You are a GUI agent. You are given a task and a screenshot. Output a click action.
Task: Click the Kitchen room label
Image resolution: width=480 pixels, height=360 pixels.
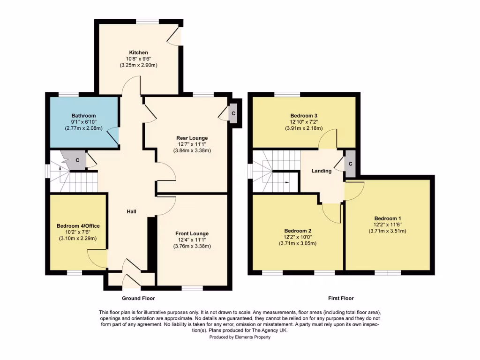click(x=138, y=52)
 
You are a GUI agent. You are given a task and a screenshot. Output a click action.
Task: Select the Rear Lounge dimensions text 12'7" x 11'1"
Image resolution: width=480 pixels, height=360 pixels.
click(x=192, y=144)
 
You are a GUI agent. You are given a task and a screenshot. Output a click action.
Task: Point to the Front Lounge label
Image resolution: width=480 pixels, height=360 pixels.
click(x=192, y=233)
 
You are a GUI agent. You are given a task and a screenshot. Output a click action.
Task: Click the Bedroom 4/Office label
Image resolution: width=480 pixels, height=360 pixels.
click(x=78, y=226)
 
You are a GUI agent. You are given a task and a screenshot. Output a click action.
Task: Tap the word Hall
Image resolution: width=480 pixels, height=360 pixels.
click(x=131, y=212)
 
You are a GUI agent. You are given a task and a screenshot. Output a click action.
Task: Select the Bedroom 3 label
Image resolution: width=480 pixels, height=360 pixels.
click(x=303, y=116)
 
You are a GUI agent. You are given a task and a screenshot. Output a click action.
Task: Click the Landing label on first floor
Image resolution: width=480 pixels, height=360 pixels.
click(x=322, y=171)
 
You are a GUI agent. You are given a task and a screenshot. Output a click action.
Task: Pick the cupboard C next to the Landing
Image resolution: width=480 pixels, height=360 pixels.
click(x=350, y=164)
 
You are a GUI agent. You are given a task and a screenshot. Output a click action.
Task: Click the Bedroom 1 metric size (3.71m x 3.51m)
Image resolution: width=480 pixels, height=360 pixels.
click(x=387, y=231)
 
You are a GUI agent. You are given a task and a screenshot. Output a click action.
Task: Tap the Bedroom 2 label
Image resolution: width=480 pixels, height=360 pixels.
click(x=298, y=231)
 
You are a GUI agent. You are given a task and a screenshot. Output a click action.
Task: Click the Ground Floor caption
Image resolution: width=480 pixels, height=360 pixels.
click(x=138, y=298)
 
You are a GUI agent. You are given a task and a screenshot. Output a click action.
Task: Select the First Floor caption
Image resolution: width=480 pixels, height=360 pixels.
click(x=341, y=298)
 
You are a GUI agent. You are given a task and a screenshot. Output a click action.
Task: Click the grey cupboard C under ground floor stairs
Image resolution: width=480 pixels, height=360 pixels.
click(x=78, y=160)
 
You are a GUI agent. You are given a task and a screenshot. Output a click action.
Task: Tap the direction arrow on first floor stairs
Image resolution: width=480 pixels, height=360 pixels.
click(x=287, y=179)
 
